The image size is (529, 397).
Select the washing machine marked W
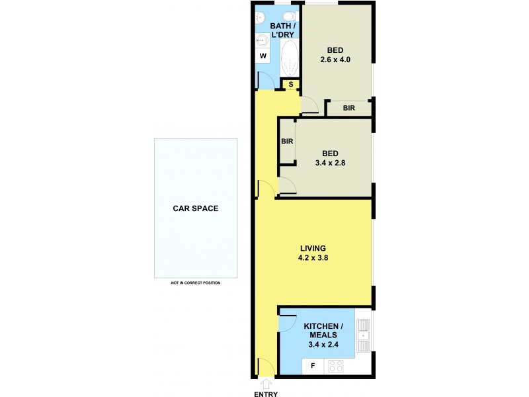coord(263,56)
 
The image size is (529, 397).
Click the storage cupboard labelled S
coord(290,84)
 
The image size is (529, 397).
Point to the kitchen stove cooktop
coord(335,366)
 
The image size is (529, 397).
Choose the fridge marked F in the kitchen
coord(313,366)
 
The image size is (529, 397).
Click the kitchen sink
coord(362,335)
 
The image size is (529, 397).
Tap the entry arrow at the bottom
coord(266,382)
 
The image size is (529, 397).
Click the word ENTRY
coord(266,394)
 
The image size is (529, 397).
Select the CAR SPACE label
coord(196,208)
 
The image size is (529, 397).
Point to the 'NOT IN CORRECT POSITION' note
coord(196,283)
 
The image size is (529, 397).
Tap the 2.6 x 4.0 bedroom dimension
coord(334,60)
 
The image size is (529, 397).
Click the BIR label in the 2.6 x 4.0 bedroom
coord(348,108)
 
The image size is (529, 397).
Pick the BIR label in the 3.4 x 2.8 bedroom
coord(287,141)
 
